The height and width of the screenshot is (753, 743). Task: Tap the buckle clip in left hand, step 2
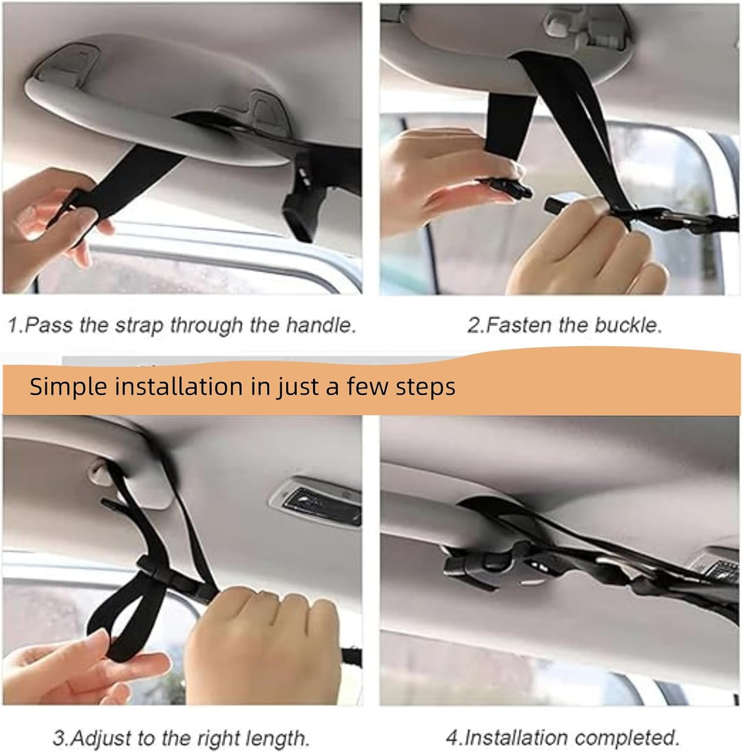pos(505,188)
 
